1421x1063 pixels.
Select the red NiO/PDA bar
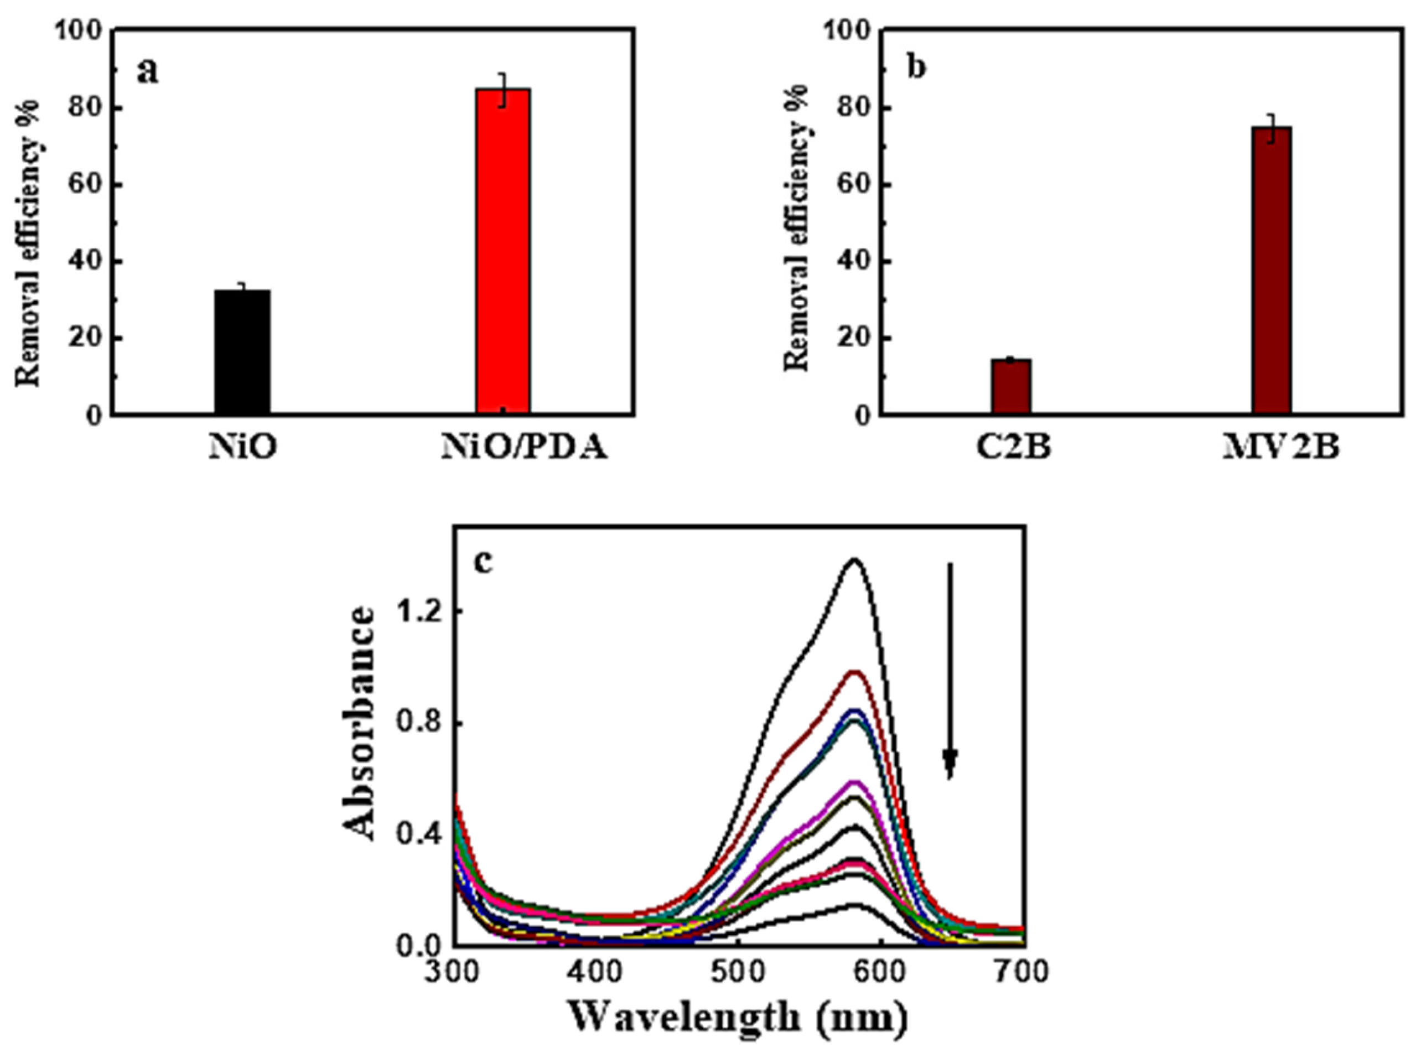point(502,251)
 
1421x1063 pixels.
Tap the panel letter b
point(917,68)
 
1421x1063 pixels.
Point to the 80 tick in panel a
point(87,108)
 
